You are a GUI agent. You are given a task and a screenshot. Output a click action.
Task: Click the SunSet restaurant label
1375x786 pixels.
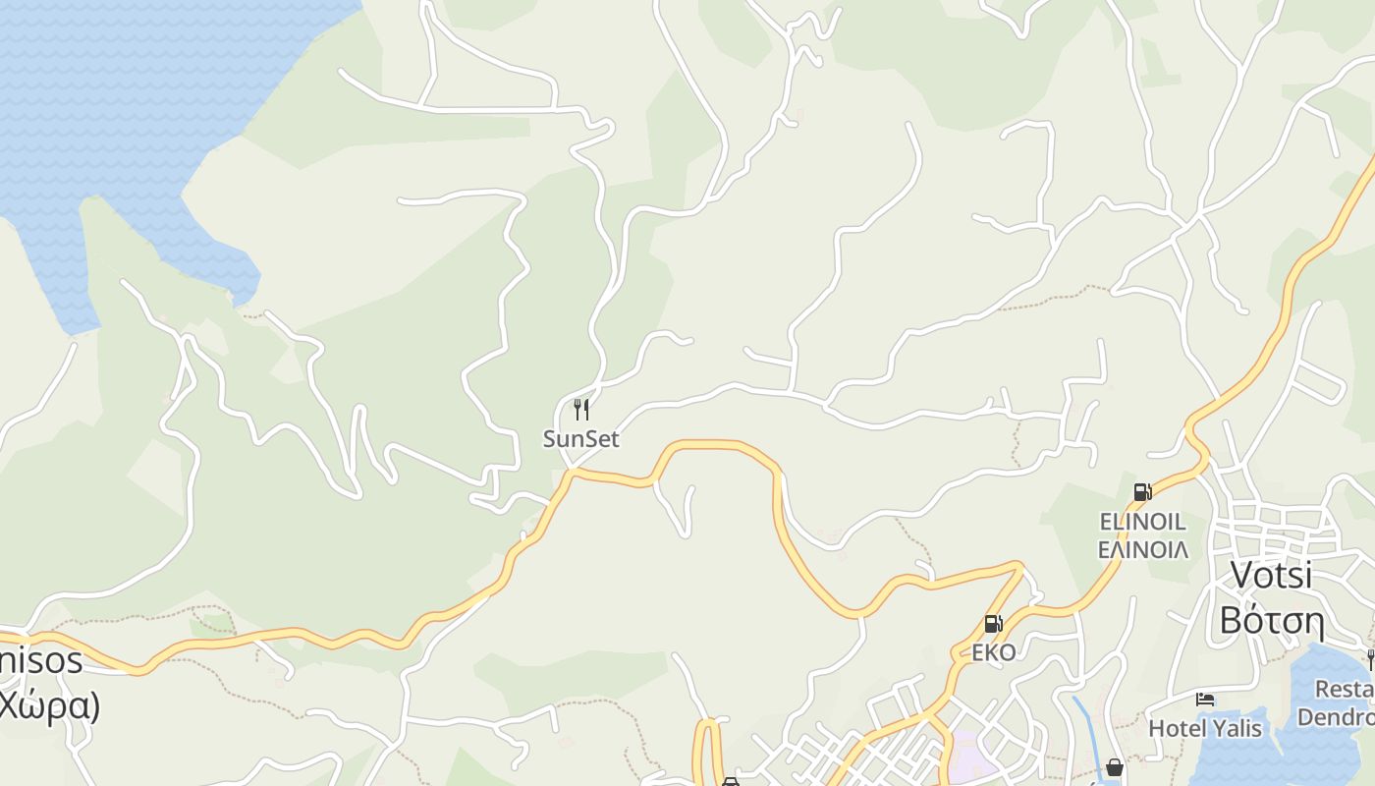(581, 439)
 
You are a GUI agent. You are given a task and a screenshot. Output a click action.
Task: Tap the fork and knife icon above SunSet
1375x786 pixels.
(581, 409)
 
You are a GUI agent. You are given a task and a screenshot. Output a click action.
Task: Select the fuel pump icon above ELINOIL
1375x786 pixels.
(1142, 492)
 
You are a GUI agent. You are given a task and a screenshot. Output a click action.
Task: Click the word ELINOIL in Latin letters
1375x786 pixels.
(1142, 521)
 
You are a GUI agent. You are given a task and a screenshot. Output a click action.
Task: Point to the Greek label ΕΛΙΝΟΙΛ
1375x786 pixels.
(1142, 549)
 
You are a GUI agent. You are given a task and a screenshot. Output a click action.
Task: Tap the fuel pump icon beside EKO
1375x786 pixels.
(993, 624)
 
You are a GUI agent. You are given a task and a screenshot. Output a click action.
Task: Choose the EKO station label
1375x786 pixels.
(993, 652)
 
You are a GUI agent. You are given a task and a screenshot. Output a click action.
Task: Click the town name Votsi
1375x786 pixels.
(1271, 575)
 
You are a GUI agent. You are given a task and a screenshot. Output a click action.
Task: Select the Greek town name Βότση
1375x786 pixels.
(1272, 620)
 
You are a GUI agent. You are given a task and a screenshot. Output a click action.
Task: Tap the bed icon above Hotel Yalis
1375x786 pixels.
(1205, 700)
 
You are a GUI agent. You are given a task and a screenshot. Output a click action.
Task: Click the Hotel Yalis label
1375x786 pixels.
(1205, 728)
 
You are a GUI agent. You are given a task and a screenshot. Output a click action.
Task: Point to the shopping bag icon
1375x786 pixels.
(1114, 767)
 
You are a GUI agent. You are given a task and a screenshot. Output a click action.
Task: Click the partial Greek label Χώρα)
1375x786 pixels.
(49, 705)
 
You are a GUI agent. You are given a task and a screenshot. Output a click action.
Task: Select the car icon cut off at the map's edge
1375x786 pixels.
(730, 781)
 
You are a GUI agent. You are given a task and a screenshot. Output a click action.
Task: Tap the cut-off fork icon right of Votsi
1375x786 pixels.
(1370, 658)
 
